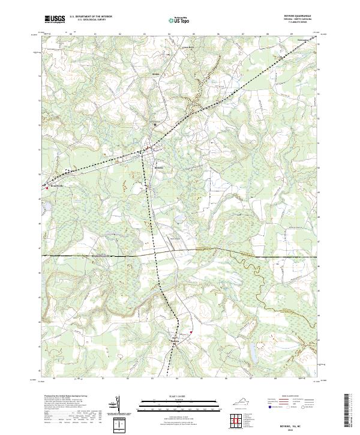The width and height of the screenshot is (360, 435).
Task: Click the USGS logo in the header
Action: click(54, 19)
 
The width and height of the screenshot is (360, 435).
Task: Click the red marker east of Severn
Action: click(191, 332)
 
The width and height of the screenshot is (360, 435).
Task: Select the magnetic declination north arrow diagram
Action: click(118, 405)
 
